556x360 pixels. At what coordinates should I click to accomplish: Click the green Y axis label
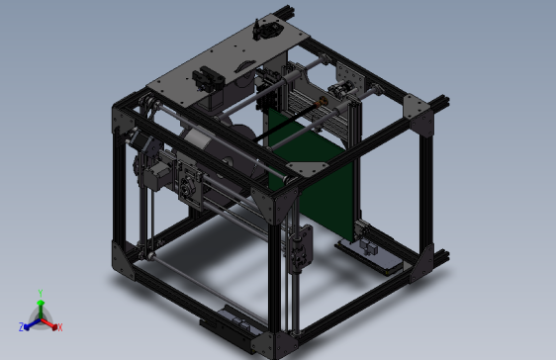pos(41,292)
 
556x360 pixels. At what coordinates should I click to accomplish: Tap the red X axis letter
pos(59,326)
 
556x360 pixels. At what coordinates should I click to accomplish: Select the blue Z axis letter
pos(22,326)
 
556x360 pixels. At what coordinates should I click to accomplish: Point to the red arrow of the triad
pos(51,322)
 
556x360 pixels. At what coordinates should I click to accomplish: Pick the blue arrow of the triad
pos(30,322)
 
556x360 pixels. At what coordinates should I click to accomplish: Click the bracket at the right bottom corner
pos(428,259)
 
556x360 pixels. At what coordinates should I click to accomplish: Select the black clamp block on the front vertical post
pos(301,247)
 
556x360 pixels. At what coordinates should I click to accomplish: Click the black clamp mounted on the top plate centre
pos(207,75)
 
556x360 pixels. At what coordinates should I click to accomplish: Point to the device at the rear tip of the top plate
pos(266,30)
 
